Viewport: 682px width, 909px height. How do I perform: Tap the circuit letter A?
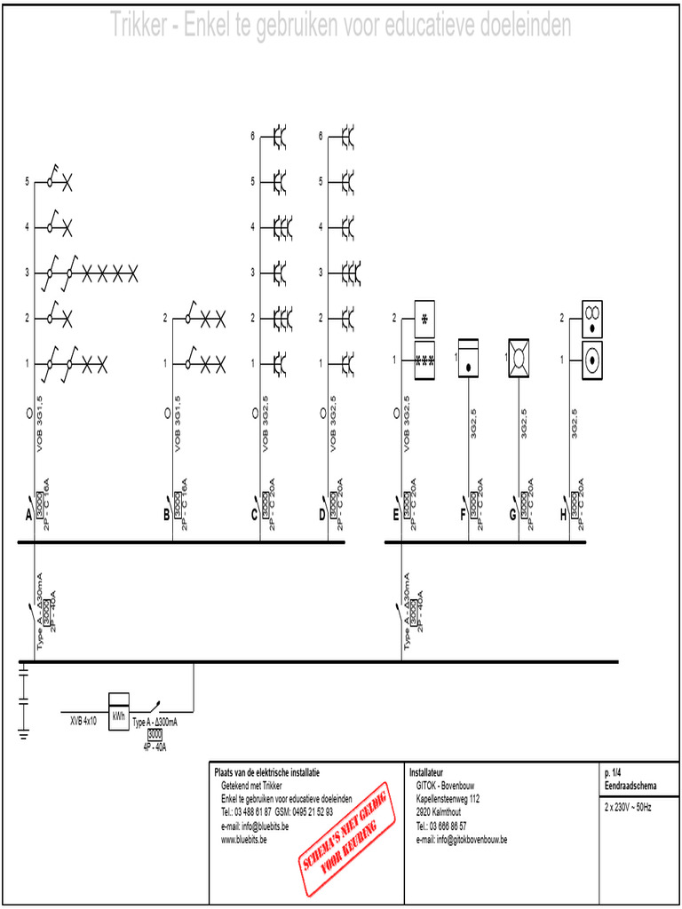coord(28,514)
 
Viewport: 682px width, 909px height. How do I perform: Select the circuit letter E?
coord(396,514)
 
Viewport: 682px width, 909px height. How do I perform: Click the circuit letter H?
coord(563,514)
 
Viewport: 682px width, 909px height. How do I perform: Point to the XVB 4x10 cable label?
coord(83,722)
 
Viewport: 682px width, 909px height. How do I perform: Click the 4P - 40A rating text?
coord(155,747)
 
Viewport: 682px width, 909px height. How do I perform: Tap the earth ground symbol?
coord(24,731)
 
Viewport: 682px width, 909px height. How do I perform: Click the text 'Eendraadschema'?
coord(630,786)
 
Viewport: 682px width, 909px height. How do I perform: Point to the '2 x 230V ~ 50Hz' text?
coord(628,808)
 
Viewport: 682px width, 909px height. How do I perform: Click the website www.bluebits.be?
coord(252,839)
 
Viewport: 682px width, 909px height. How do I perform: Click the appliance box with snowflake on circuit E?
coord(424,318)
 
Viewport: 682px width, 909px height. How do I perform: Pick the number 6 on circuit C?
coord(253,136)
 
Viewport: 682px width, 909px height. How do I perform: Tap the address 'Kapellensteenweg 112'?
coord(448,799)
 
